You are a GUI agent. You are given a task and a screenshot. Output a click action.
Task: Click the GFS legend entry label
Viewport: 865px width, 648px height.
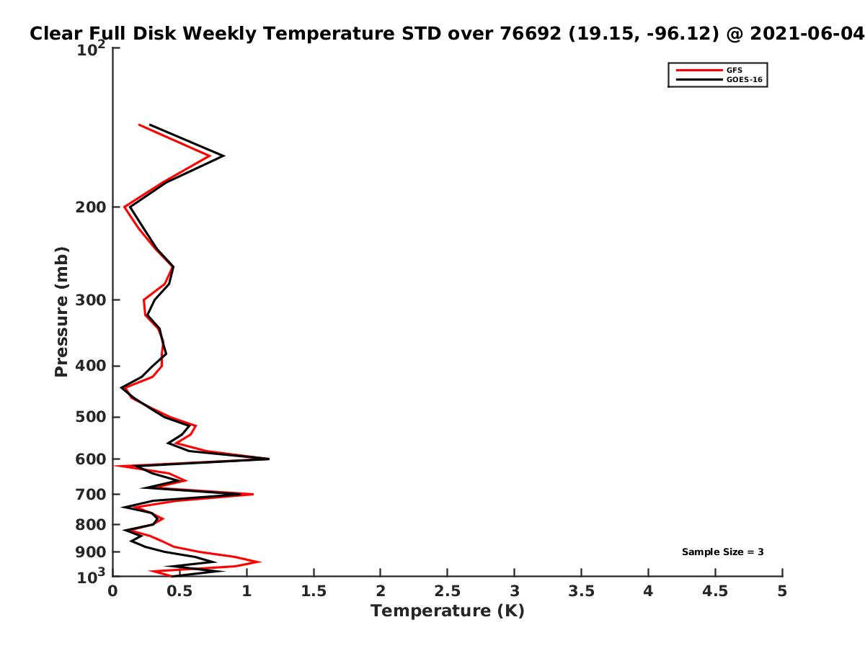tap(734, 70)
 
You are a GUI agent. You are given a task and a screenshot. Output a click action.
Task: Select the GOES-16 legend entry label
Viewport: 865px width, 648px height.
tap(745, 79)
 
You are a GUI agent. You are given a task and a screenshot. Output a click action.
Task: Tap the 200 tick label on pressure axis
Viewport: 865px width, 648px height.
tap(91, 207)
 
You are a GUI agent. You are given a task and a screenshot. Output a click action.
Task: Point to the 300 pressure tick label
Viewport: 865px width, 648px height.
tap(91, 300)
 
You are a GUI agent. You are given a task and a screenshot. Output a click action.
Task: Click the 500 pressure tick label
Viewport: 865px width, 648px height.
tap(91, 417)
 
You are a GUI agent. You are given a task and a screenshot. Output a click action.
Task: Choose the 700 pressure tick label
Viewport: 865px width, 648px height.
tap(91, 494)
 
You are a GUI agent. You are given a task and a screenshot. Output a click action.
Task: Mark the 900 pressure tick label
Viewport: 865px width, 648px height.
tap(91, 552)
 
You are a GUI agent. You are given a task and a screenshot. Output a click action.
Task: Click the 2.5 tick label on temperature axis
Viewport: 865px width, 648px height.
tap(448, 591)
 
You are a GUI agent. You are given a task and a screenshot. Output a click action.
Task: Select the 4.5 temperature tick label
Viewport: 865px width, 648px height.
tap(715, 591)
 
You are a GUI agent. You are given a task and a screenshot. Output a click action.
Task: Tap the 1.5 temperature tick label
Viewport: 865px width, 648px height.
tap(314, 591)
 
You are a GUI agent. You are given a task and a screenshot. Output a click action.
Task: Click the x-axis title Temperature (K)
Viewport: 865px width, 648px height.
tap(448, 611)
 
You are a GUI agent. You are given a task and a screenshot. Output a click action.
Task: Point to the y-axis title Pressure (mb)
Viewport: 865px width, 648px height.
tap(61, 312)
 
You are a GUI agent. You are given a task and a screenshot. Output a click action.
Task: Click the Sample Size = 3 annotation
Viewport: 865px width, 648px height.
tap(723, 552)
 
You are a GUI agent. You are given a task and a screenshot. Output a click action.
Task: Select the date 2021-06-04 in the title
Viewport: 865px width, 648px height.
tap(807, 33)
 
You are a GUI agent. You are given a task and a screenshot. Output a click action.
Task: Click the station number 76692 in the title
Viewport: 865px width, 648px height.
tap(531, 33)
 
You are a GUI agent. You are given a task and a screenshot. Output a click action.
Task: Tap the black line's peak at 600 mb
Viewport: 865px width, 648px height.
tap(269, 459)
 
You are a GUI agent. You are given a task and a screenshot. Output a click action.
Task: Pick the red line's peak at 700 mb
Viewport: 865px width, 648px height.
tap(253, 494)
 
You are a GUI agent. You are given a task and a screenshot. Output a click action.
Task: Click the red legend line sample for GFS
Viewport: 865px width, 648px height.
tap(699, 70)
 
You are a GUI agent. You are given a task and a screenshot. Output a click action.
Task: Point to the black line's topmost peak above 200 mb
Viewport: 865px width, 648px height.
tap(224, 156)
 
